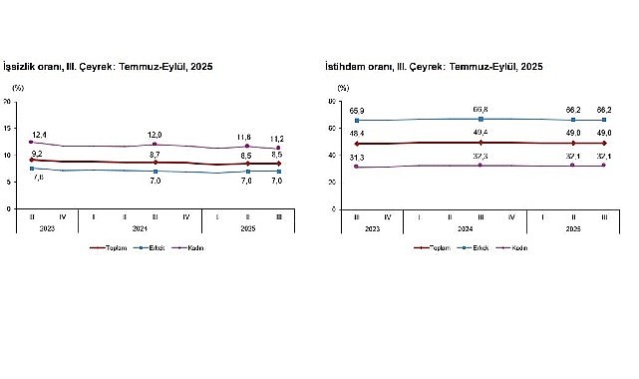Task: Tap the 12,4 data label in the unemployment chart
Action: [40, 134]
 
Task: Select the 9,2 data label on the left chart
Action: [38, 153]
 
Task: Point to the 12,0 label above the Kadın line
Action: [155, 135]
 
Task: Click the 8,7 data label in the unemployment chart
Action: [155, 154]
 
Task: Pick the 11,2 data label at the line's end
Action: [278, 139]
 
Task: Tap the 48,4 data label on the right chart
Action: [357, 134]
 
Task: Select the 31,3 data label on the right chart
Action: [357, 158]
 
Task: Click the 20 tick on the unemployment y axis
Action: [7, 102]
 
